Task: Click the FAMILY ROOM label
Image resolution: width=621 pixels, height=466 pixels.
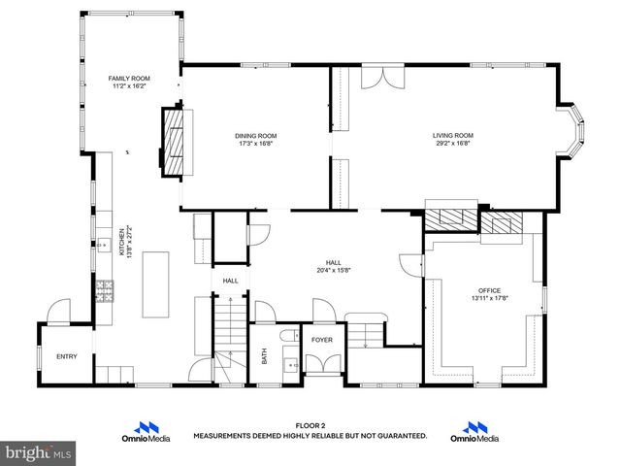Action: coord(127,77)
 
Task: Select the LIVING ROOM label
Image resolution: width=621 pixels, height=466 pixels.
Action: coord(452,135)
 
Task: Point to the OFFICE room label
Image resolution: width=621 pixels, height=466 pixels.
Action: coord(489,290)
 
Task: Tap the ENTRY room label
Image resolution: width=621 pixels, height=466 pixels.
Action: coord(66,357)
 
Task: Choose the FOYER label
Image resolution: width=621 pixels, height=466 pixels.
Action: coord(322,341)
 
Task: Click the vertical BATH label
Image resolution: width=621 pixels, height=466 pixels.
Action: coord(265,356)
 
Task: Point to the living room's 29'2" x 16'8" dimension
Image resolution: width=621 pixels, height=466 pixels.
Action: coord(452,144)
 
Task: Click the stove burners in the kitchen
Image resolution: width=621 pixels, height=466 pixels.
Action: coord(104,289)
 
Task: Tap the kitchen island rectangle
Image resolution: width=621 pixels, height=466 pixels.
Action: coord(155,283)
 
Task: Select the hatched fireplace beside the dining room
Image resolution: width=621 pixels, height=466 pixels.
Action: coord(175,142)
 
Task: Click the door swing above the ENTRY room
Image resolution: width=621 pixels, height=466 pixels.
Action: coord(59,313)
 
